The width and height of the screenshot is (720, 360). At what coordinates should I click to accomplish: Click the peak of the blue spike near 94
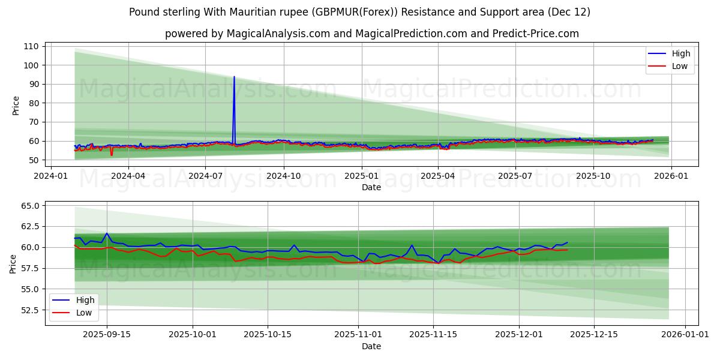[234, 77]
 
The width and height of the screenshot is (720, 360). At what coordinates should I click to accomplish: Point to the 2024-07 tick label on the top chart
[205, 176]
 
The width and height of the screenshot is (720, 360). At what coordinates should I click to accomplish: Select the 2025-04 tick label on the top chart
[437, 176]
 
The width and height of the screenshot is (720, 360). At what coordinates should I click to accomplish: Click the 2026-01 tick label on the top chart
[670, 176]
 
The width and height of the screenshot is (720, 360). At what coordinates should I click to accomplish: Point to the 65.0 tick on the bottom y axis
[29, 206]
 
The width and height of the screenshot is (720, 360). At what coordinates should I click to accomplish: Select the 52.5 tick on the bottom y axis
[29, 310]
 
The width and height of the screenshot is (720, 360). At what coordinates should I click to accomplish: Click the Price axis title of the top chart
[16, 105]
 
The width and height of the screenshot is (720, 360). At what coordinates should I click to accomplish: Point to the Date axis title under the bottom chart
[371, 346]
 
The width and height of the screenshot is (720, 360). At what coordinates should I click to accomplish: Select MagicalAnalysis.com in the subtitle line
[278, 34]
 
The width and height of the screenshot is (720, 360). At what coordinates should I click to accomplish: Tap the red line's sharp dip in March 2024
[111, 155]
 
